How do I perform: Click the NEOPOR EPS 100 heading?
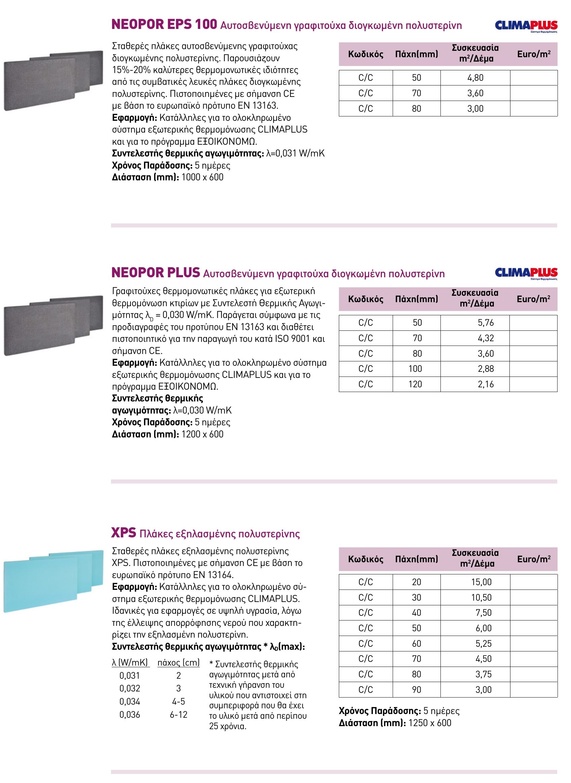tap(164, 25)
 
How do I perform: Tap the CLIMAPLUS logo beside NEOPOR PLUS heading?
tap(526, 273)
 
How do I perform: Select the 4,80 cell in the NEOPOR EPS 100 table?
tap(475, 78)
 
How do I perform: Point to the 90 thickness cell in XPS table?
tap(417, 690)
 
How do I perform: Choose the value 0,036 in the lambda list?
tap(130, 715)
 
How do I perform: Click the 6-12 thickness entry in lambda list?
tap(178, 715)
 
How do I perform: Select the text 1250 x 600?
tap(430, 723)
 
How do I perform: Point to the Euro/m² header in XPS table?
tap(534, 559)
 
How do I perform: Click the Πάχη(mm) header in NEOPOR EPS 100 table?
tap(417, 54)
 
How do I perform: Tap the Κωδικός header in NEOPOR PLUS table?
tap(365, 299)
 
